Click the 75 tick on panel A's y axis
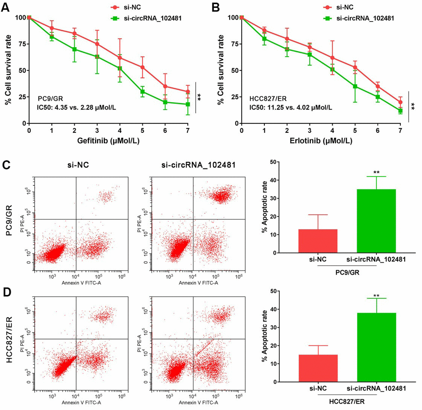point(19,44)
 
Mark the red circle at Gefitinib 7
point(188,92)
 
